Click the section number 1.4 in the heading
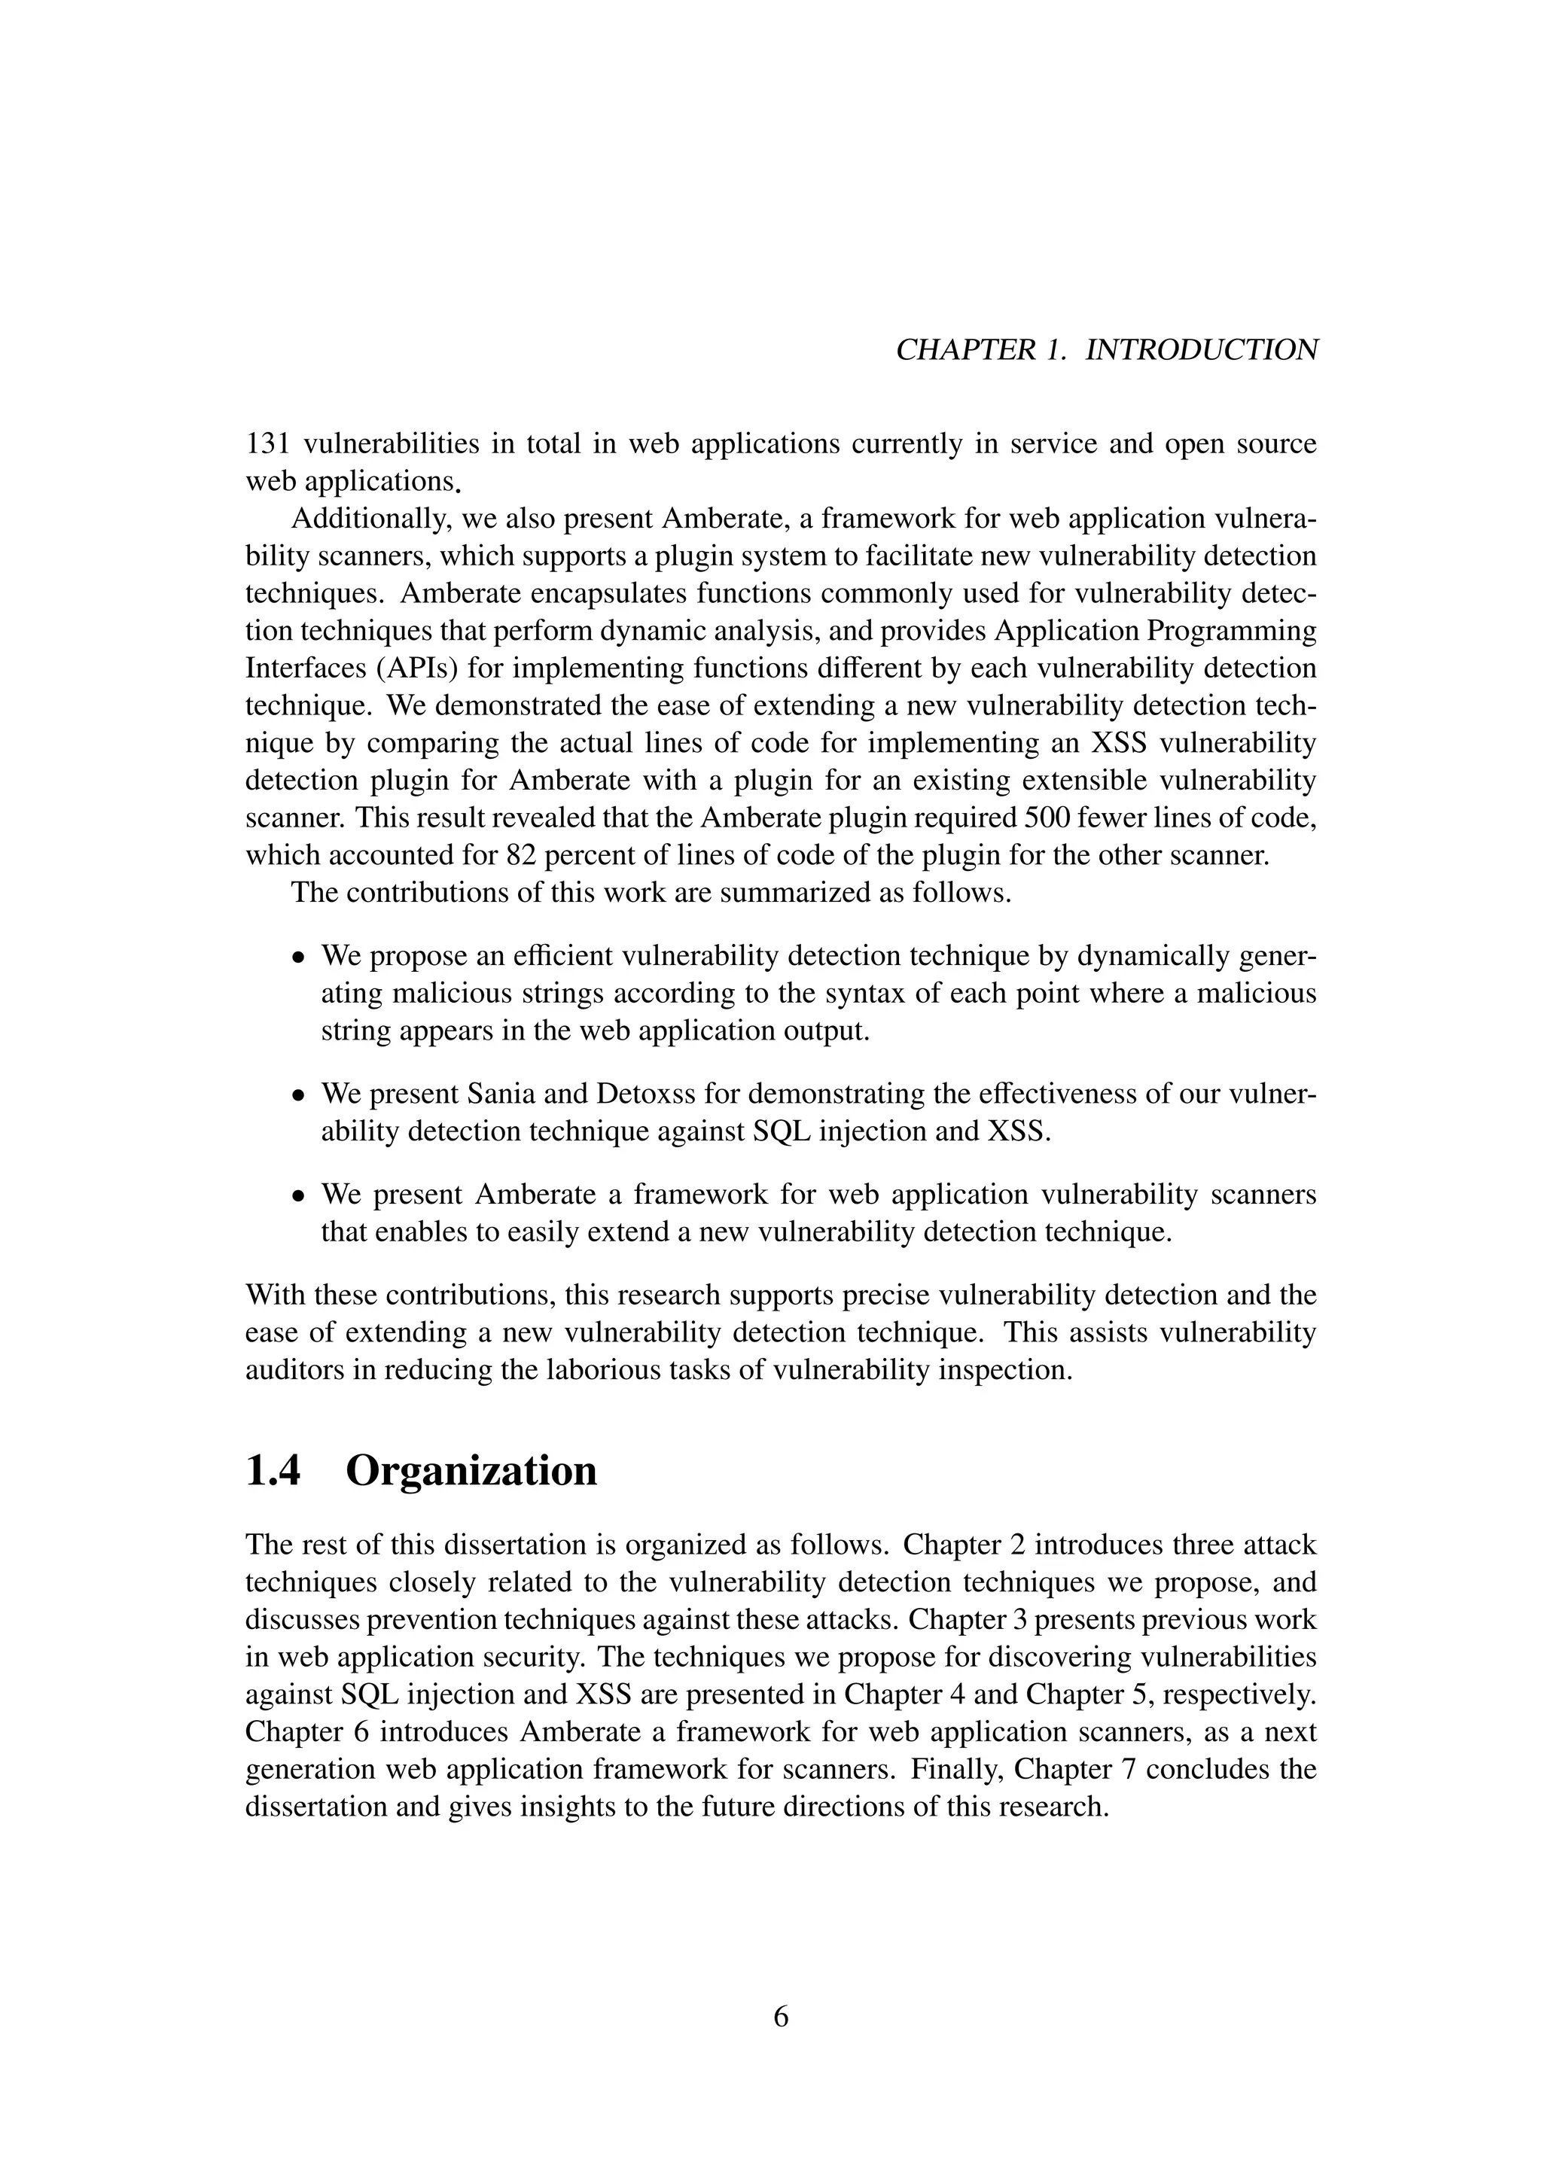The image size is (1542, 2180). [273, 1471]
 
